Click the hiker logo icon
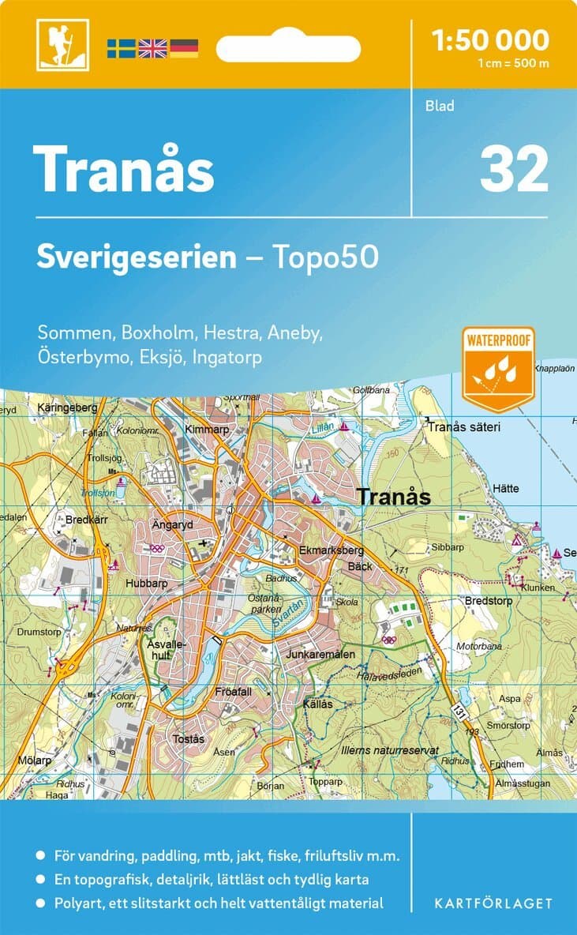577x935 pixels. pyautogui.click(x=62, y=45)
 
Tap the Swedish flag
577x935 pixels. pyautogui.click(x=122, y=48)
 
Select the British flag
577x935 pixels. pyautogui.click(x=152, y=48)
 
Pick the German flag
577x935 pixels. pyautogui.click(x=183, y=48)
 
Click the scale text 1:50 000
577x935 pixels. pyautogui.click(x=491, y=39)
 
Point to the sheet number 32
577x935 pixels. pyautogui.click(x=513, y=170)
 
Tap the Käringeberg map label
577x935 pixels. pyautogui.click(x=67, y=407)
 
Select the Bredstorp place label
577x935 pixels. pyautogui.click(x=489, y=601)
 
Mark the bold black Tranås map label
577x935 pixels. pyautogui.click(x=394, y=498)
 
